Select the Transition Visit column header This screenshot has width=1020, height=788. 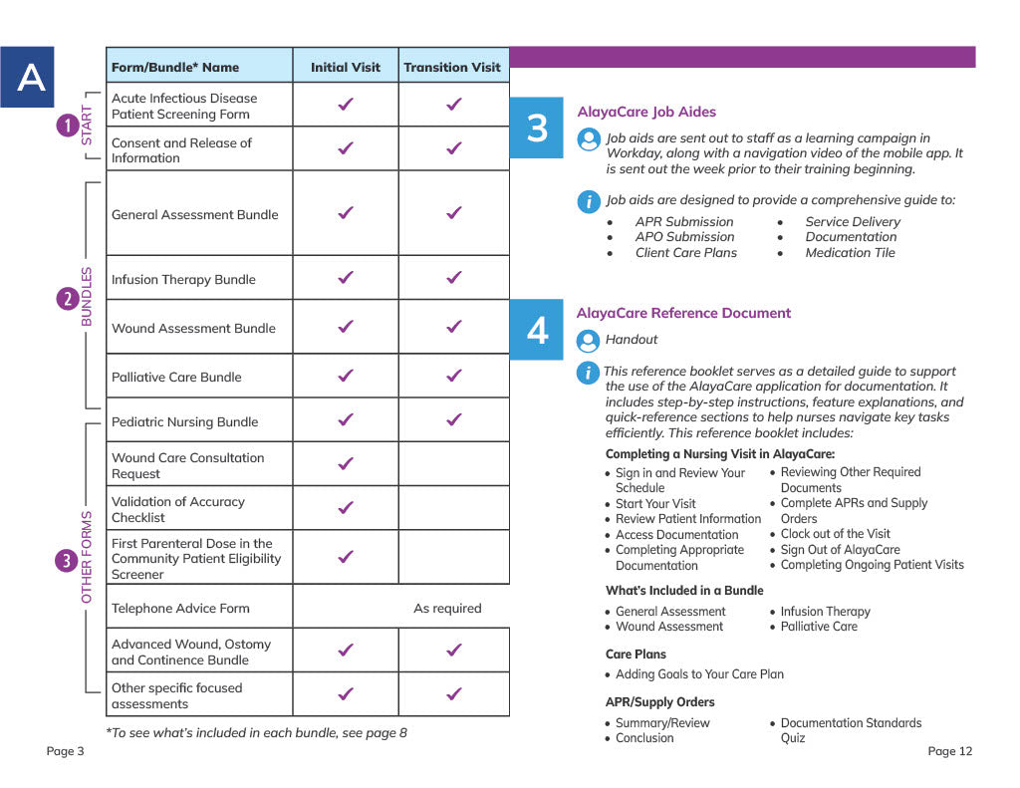pyautogui.click(x=452, y=67)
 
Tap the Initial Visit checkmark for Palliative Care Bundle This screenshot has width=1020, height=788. pyautogui.click(x=346, y=376)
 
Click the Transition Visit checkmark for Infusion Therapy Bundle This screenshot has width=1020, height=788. pyautogui.click(x=453, y=278)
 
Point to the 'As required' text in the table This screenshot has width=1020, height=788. pyautogui.click(x=447, y=608)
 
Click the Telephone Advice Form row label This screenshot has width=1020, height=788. pyautogui.click(x=180, y=608)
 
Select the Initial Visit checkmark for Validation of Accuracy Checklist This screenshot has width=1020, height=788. pyautogui.click(x=346, y=508)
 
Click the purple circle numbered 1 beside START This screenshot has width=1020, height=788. pyautogui.click(x=67, y=126)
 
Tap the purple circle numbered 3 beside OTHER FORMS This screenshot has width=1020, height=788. pyautogui.click(x=67, y=560)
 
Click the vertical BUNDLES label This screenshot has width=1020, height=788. pyautogui.click(x=87, y=297)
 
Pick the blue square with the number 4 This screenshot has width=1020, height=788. pyautogui.click(x=537, y=330)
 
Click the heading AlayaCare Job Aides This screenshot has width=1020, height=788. pyautogui.click(x=645, y=112)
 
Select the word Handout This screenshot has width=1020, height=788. pyautogui.click(x=632, y=340)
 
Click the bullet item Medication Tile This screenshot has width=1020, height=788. pyautogui.click(x=850, y=252)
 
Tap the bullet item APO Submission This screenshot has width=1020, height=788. pyautogui.click(x=684, y=237)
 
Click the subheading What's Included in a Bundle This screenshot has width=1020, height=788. pyautogui.click(x=684, y=590)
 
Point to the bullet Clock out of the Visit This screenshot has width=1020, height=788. pyautogui.click(x=835, y=534)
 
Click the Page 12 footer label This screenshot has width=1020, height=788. pyautogui.click(x=949, y=751)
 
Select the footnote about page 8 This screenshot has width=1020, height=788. pyautogui.click(x=257, y=733)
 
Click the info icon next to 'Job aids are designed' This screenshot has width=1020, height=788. pyautogui.click(x=589, y=201)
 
